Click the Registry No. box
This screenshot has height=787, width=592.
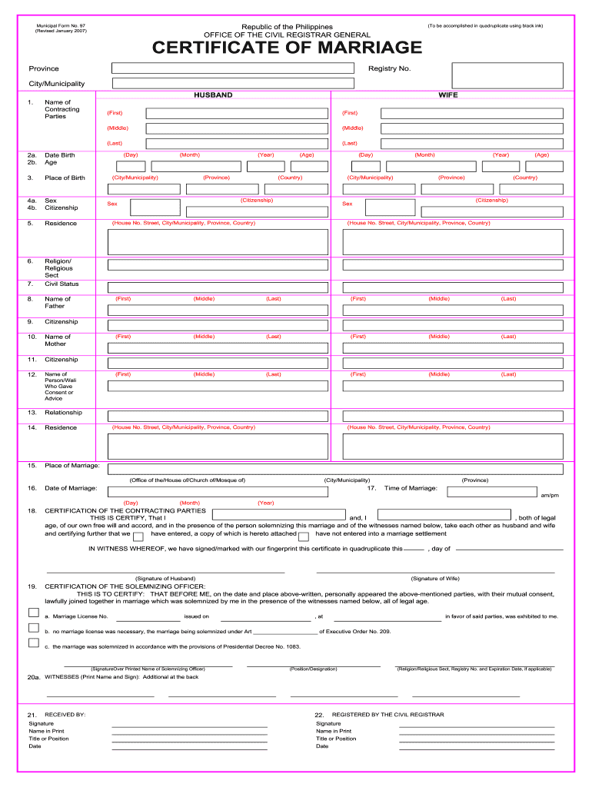(x=507, y=75)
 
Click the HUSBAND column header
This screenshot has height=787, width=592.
(x=213, y=95)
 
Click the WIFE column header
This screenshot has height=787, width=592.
(x=448, y=95)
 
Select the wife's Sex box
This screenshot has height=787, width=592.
(x=390, y=207)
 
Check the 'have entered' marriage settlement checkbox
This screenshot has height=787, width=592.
(x=138, y=536)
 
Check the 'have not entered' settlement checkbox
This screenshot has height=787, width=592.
(x=304, y=536)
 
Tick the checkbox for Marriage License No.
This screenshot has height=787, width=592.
(x=34, y=613)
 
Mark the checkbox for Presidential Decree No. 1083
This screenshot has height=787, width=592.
(x=34, y=643)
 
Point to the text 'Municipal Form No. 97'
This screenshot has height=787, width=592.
(x=61, y=26)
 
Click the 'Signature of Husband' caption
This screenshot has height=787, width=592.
(x=165, y=578)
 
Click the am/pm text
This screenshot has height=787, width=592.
(x=550, y=496)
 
